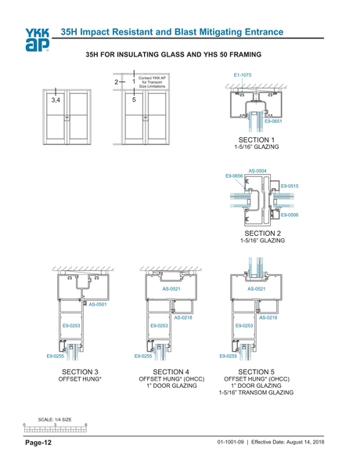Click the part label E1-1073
click(x=243, y=74)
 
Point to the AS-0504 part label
click(x=257, y=170)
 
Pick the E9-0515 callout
click(x=289, y=186)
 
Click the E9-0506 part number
click(x=289, y=214)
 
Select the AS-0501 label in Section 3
click(x=98, y=304)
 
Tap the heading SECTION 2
click(x=262, y=233)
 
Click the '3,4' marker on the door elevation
click(x=55, y=101)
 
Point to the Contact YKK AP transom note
click(x=153, y=81)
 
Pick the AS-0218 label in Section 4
click(x=183, y=317)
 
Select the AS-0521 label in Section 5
click(x=257, y=288)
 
